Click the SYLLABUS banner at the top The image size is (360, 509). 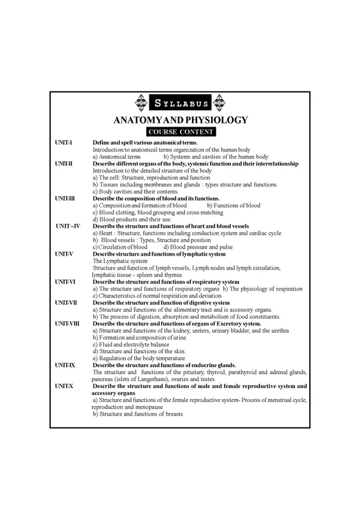coord(180,102)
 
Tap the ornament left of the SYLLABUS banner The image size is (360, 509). coord(142,102)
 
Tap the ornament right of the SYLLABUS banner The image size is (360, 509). coord(219,102)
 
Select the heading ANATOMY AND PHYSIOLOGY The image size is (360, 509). coord(180,120)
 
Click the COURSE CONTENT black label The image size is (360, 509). coord(180,132)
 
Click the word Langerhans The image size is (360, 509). coord(155,379)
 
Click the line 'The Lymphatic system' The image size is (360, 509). coord(120,261)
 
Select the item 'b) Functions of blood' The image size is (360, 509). coord(234,206)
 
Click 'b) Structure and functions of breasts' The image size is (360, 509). coord(138,414)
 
